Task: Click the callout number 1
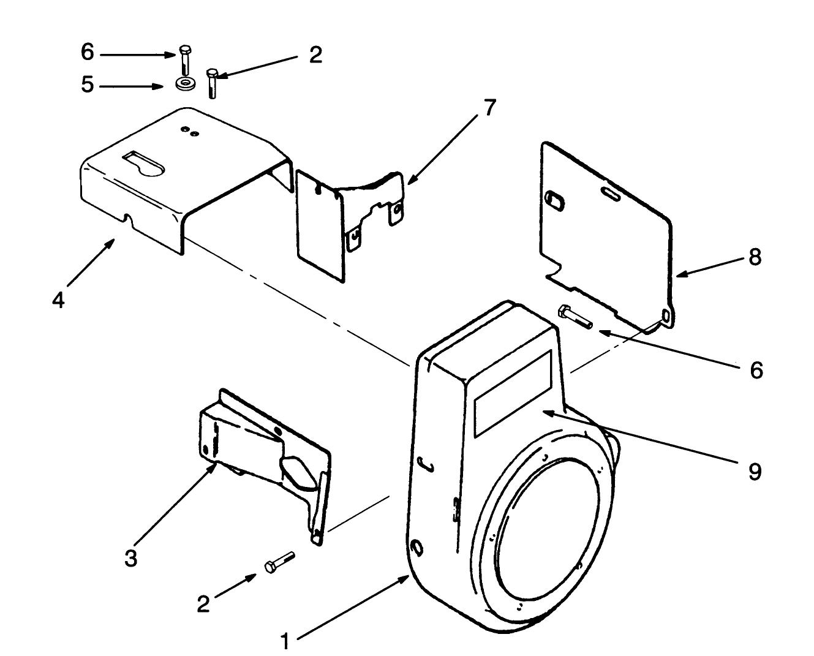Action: point(284,641)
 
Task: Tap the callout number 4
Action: point(58,300)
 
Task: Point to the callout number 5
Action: point(88,85)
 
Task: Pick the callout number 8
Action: point(755,257)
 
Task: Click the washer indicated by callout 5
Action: point(184,85)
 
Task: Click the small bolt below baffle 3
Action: point(279,562)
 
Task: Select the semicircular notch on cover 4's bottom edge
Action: point(127,217)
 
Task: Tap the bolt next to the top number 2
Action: point(212,83)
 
